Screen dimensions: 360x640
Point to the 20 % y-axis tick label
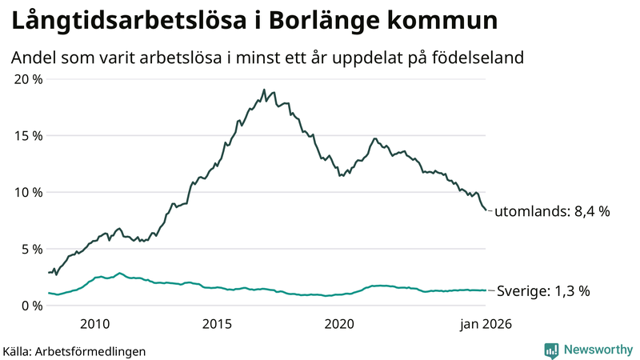[27, 79]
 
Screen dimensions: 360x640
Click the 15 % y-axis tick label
[27, 136]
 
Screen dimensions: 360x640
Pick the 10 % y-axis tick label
[27, 192]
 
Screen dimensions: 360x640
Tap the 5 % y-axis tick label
[30, 249]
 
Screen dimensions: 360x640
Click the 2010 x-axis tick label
[94, 324]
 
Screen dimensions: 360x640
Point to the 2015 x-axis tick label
[217, 324]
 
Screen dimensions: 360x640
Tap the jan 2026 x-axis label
[485, 324]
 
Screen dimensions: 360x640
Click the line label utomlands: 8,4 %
[552, 212]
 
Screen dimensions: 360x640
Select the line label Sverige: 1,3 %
[544, 291]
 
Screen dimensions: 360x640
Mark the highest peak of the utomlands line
[263, 90]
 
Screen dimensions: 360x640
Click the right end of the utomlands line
[486, 210]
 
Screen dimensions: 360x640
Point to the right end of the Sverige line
[486, 290]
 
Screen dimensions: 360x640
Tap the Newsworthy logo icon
[551, 350]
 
